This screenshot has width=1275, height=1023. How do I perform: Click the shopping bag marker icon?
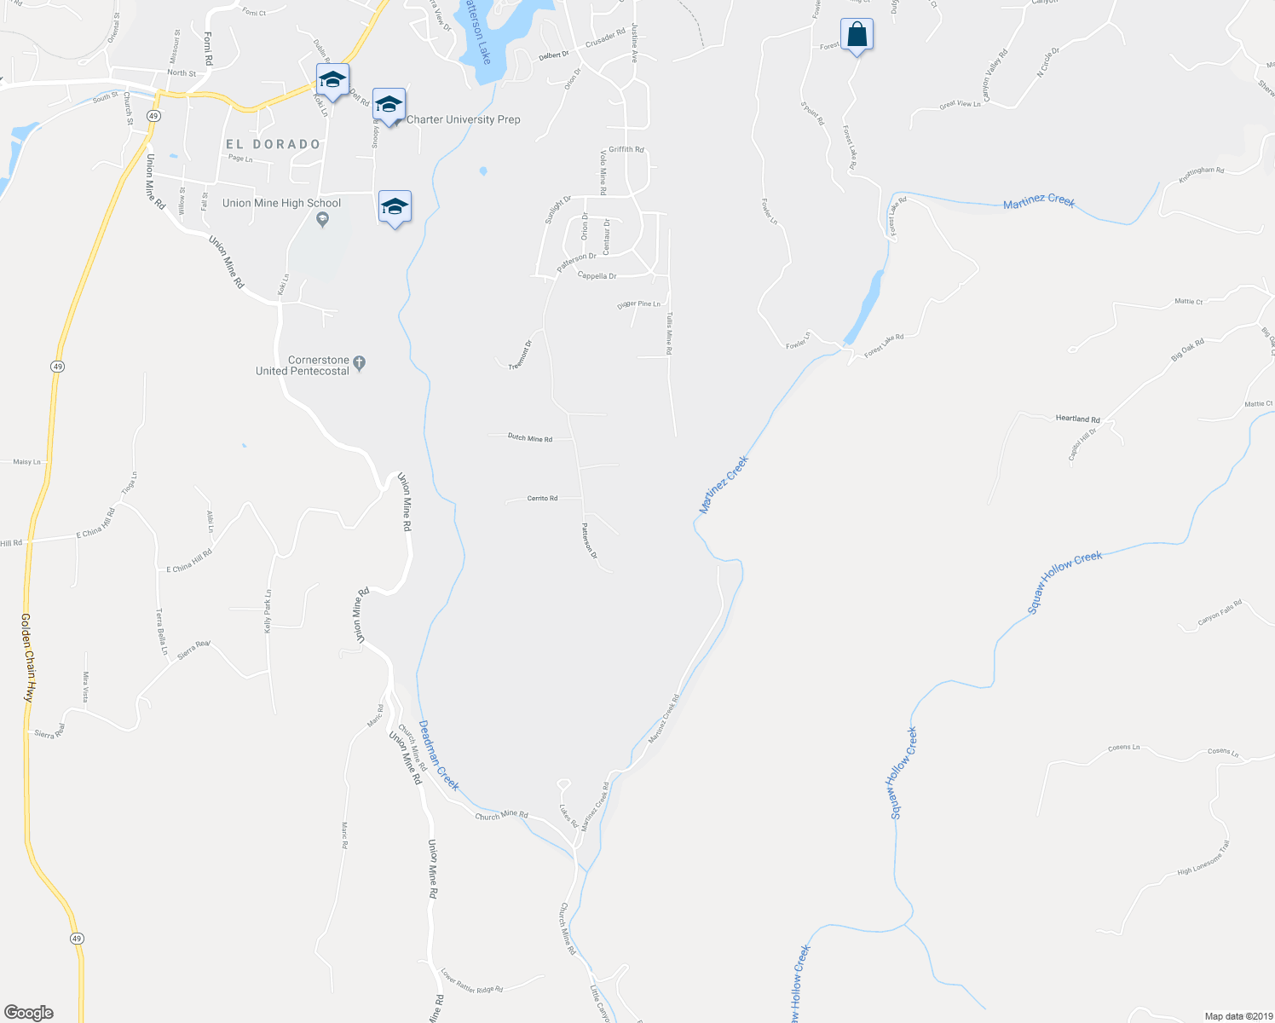(857, 35)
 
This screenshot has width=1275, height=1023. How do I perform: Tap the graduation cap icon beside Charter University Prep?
(389, 105)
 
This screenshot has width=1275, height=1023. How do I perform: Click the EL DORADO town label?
(274, 144)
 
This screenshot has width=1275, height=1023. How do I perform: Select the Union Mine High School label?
(281, 203)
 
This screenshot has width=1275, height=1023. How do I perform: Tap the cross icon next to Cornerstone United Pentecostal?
(359, 363)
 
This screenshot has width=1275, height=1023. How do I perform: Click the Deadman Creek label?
(438, 754)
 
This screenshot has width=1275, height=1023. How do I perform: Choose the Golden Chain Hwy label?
(27, 656)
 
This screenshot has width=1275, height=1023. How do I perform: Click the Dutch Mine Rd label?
(529, 438)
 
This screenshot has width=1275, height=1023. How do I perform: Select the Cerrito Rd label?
(542, 498)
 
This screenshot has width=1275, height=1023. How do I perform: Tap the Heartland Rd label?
(1077, 419)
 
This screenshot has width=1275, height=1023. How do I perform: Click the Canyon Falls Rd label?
(1220, 612)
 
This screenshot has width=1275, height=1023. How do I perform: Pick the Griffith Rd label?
(626, 149)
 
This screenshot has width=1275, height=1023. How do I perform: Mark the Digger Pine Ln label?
(638, 304)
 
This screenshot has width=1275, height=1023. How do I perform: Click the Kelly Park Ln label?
(268, 610)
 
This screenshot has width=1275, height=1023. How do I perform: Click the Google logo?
(29, 1013)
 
